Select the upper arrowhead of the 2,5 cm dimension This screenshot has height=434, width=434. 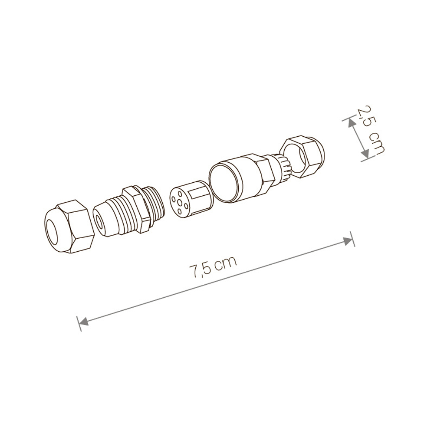click(349, 122)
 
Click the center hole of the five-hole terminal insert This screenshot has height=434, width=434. click(179, 203)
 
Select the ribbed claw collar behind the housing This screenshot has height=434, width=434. click(282, 167)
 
